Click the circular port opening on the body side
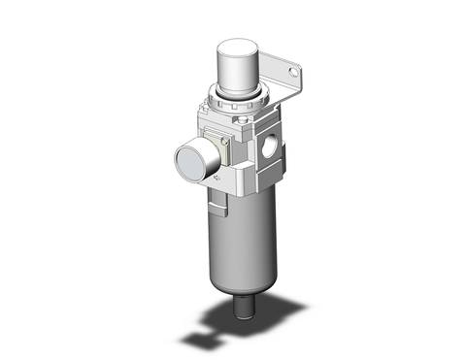click(x=268, y=150)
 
